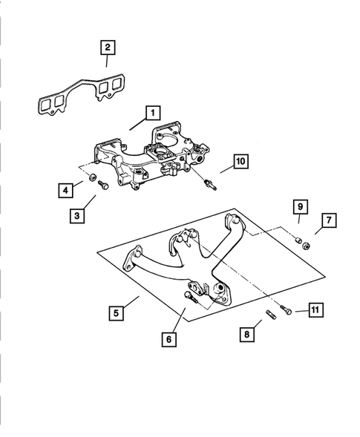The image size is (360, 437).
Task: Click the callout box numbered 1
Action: point(151,113)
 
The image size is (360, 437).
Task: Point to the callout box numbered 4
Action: point(67,191)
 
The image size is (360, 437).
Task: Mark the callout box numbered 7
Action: point(330,220)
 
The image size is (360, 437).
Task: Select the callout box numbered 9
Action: point(299,206)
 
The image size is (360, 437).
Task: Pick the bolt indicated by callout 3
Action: point(103,183)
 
